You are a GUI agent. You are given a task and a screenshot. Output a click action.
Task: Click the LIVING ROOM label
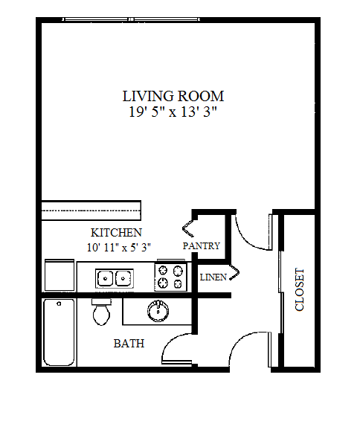pyautogui.click(x=173, y=96)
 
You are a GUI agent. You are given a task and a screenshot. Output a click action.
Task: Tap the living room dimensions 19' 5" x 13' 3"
pyautogui.click(x=173, y=112)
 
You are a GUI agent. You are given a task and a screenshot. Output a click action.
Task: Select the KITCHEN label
pyautogui.click(x=116, y=232)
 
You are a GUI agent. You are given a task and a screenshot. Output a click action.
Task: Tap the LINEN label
pyautogui.click(x=214, y=277)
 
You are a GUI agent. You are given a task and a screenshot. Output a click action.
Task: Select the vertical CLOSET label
pyautogui.click(x=300, y=289)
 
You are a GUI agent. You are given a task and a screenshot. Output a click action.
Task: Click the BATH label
pyautogui.click(x=129, y=344)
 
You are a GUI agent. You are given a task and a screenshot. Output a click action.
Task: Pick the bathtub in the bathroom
pyautogui.click(x=59, y=333)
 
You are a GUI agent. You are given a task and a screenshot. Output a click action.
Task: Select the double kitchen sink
pyautogui.click(x=115, y=279)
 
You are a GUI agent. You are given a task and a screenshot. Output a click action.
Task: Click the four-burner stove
pyautogui.click(x=170, y=277)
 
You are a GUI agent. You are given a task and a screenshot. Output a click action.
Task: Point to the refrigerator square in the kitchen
pyautogui.click(x=60, y=276)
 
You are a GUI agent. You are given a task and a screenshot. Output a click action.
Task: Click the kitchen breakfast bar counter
pyautogui.click(x=91, y=210)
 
